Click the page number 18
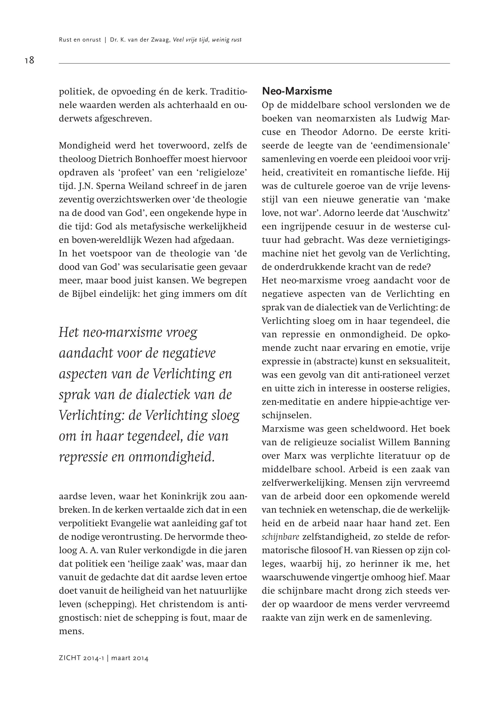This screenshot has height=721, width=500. pos(29,60)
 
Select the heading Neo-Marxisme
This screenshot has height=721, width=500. pos(297,91)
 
